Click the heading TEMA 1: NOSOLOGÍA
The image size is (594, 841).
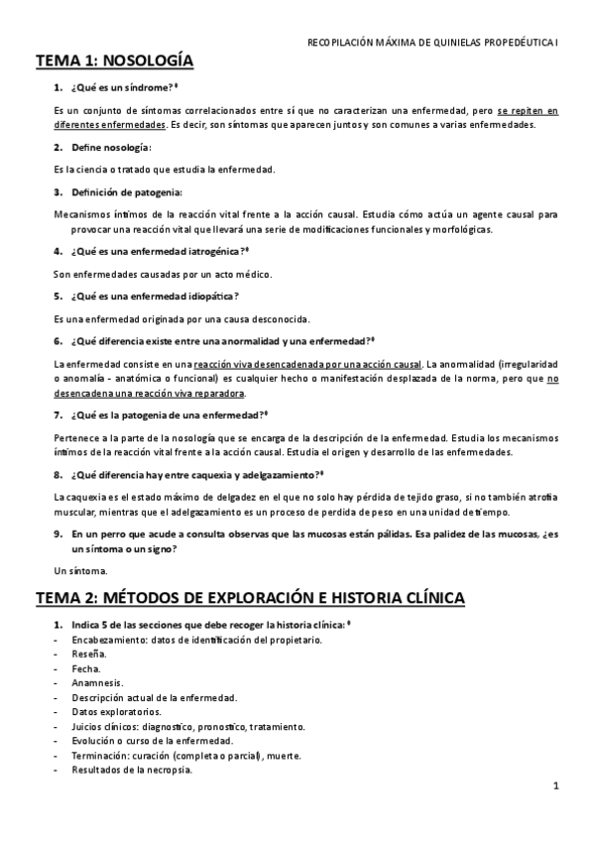(x=115, y=61)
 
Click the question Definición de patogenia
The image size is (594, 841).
(x=126, y=191)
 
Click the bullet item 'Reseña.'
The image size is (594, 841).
(x=90, y=655)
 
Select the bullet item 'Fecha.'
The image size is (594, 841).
(x=87, y=668)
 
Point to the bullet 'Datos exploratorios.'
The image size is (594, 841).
(x=117, y=712)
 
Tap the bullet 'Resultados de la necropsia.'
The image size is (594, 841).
(x=132, y=770)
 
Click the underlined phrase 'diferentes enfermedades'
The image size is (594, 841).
(x=110, y=125)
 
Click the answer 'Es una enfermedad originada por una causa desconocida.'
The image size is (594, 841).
(x=181, y=318)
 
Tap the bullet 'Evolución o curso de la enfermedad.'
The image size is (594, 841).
(x=153, y=741)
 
